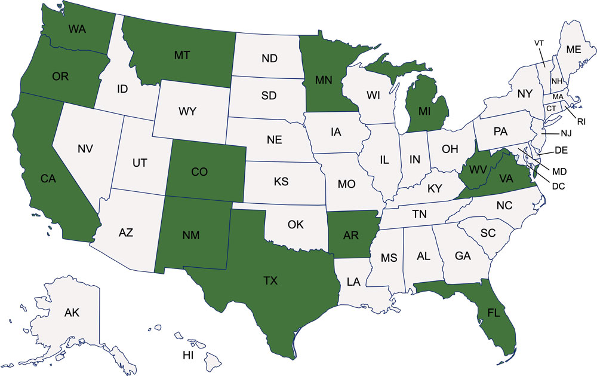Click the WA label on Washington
[76, 29]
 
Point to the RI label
[581, 120]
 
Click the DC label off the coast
[559, 185]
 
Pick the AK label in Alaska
[72, 312]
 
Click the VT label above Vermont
[539, 43]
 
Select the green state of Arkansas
[351, 234]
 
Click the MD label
[559, 172]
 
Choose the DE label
[561, 150]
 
